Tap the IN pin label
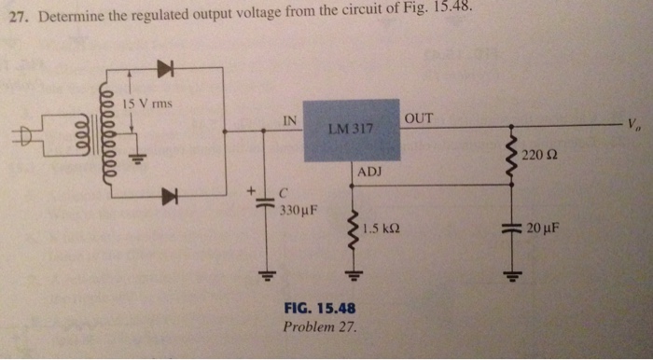tap(290, 119)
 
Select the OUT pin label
tap(418, 118)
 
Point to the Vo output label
tap(633, 124)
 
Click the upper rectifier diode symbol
tap(166, 67)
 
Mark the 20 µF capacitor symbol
tap(510, 229)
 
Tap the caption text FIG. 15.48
tap(319, 309)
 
